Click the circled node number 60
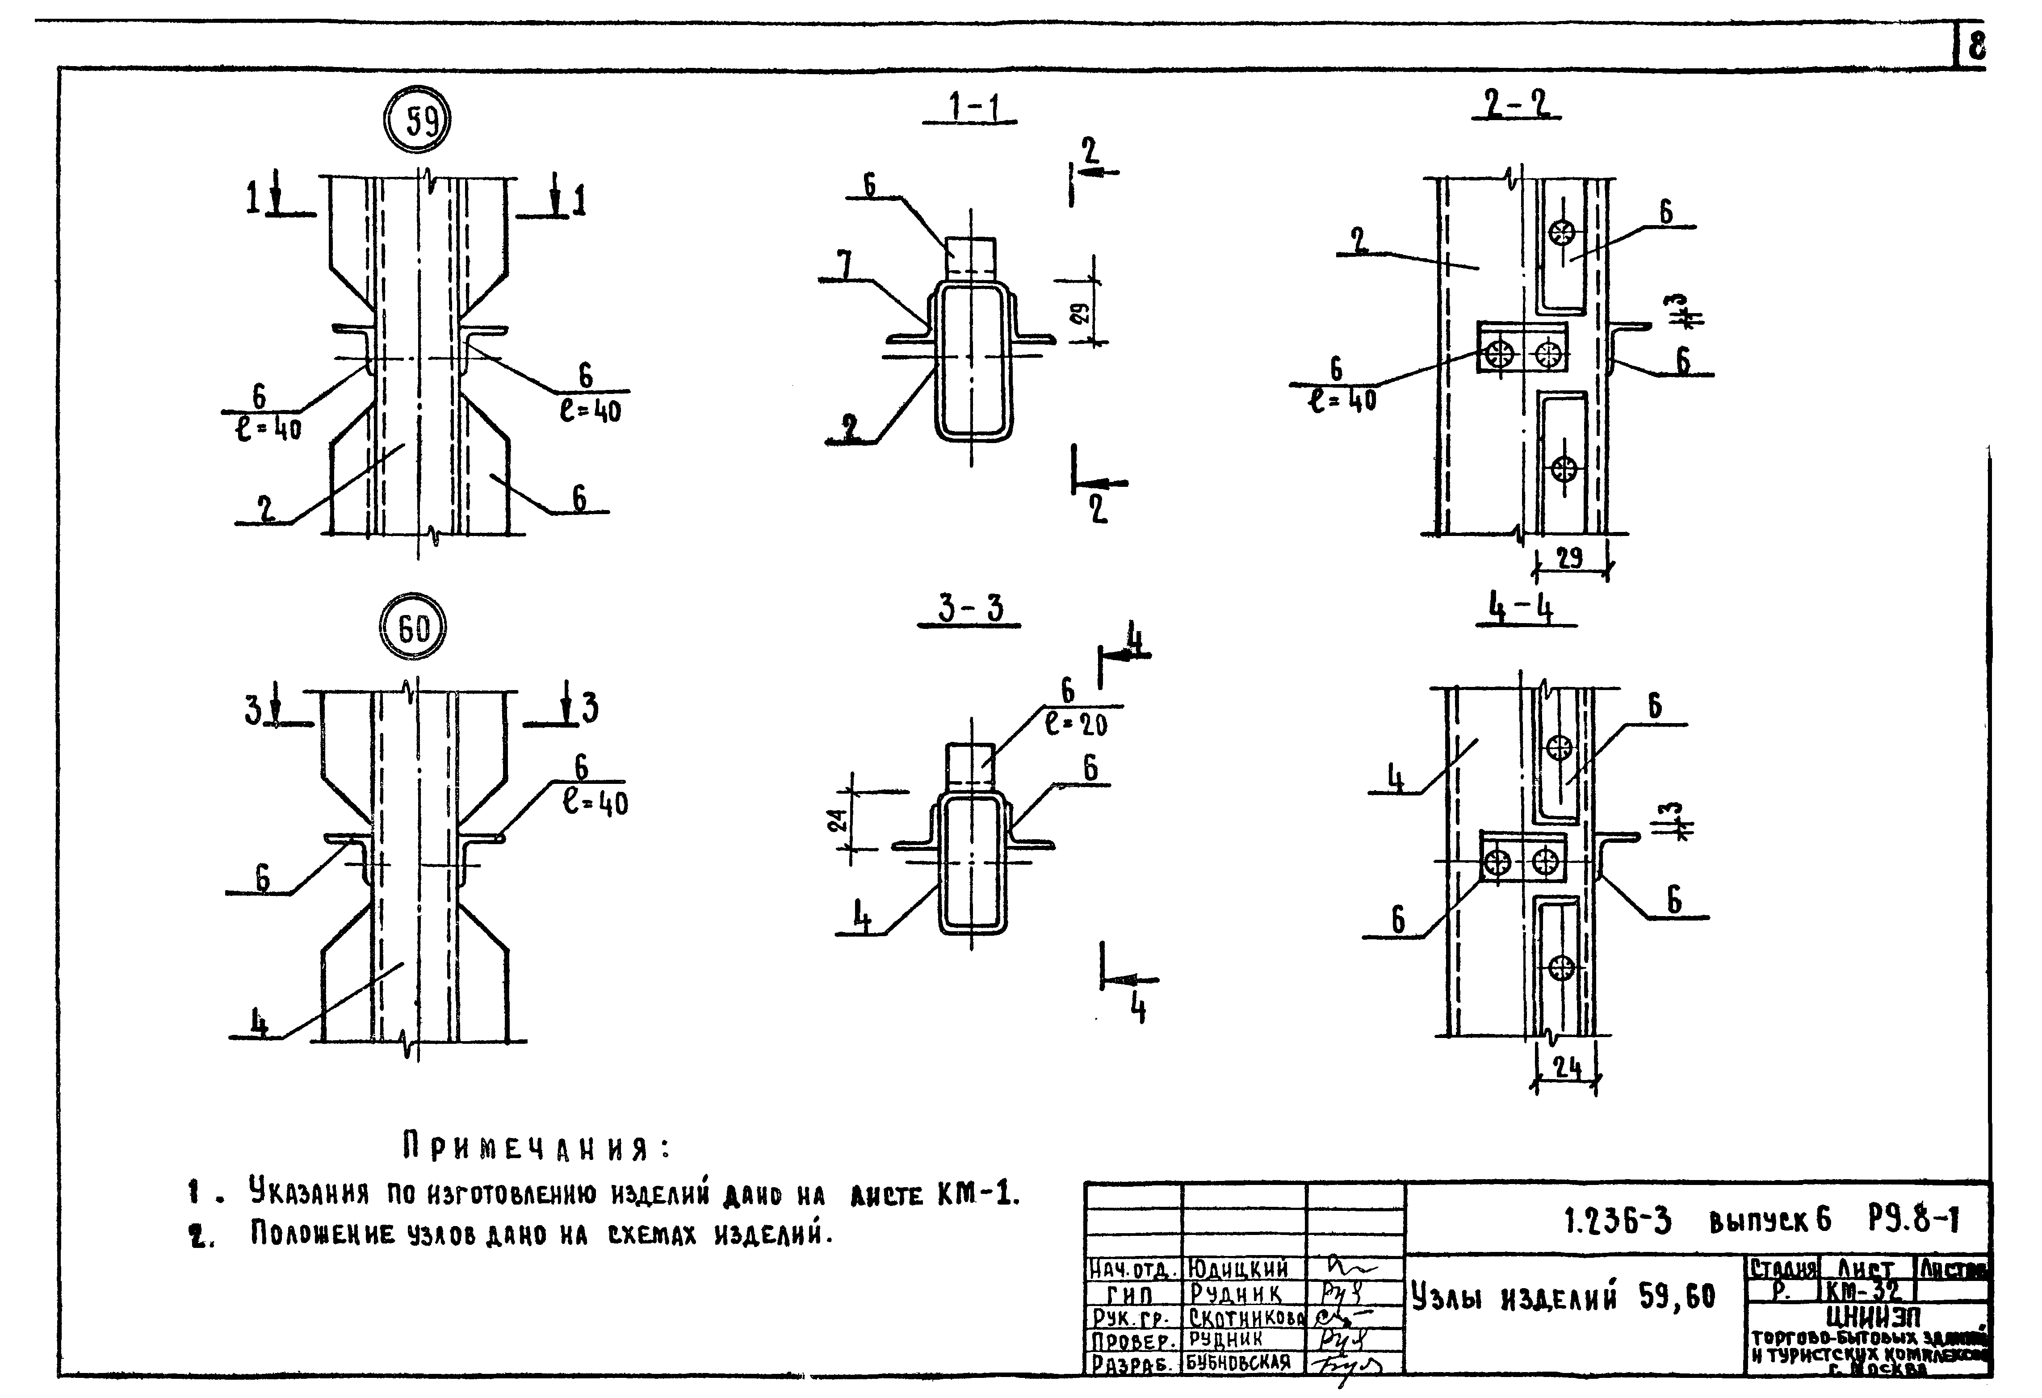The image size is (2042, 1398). coord(413,628)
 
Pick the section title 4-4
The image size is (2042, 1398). coord(1521,608)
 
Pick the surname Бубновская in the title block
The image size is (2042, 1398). coord(1239,1363)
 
